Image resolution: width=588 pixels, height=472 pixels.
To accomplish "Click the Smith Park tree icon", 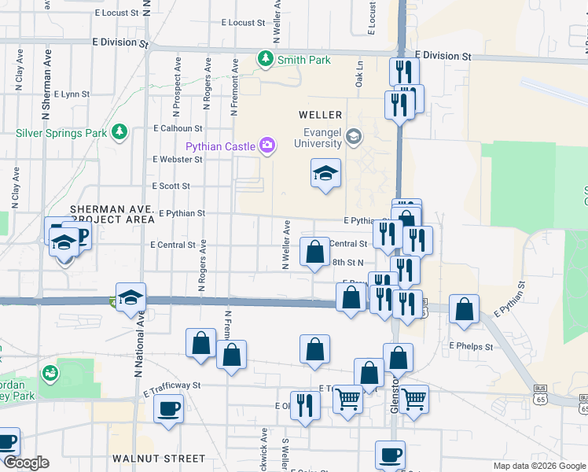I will [266, 59].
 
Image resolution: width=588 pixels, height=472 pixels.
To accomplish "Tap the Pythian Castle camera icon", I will [268, 145].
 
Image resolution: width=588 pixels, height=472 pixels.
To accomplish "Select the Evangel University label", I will [318, 138].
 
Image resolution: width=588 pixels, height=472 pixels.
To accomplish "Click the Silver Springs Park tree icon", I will [119, 132].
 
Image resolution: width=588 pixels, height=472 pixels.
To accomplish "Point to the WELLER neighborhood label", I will [320, 115].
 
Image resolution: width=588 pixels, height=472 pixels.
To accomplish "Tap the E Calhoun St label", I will [178, 128].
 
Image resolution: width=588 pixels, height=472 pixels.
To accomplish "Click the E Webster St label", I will [178, 159].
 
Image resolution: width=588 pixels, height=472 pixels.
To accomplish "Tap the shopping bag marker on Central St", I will [314, 253].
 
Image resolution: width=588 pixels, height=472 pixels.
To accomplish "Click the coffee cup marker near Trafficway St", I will [168, 409].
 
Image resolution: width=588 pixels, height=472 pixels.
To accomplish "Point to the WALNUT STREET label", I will [148, 458].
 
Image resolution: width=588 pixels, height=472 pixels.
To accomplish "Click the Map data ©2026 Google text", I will [538, 466].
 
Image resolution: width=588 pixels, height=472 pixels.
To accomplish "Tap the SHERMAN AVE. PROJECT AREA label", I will [112, 215].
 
